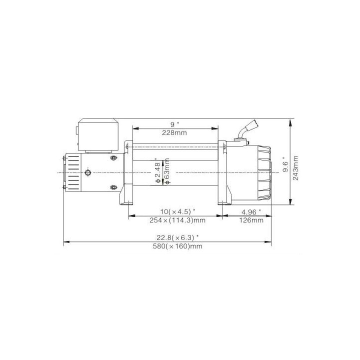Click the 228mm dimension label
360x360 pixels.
[x=174, y=132]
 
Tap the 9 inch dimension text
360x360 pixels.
[x=174, y=124]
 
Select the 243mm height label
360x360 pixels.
[x=295, y=168]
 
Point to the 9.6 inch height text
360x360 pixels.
[x=285, y=165]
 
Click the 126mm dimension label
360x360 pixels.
[x=251, y=220]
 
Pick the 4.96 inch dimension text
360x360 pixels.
[x=251, y=212]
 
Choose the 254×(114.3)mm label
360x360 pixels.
[x=177, y=220]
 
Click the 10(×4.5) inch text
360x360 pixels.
[x=178, y=211]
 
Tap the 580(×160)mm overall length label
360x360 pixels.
[x=177, y=246]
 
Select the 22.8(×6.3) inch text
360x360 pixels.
[x=177, y=237]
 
